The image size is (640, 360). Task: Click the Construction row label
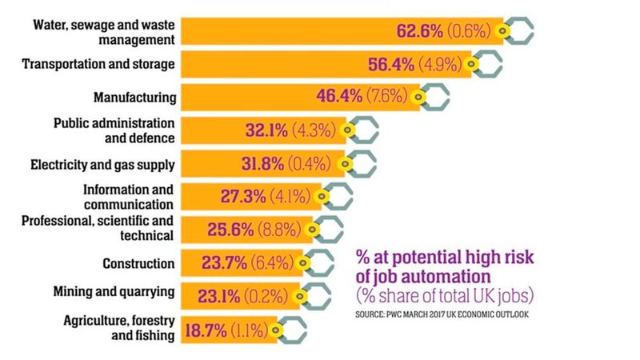[x=138, y=263]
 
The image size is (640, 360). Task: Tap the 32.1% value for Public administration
[x=264, y=130]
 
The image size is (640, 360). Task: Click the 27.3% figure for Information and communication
[x=243, y=196]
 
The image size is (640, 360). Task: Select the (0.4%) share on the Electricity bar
[x=311, y=164]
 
